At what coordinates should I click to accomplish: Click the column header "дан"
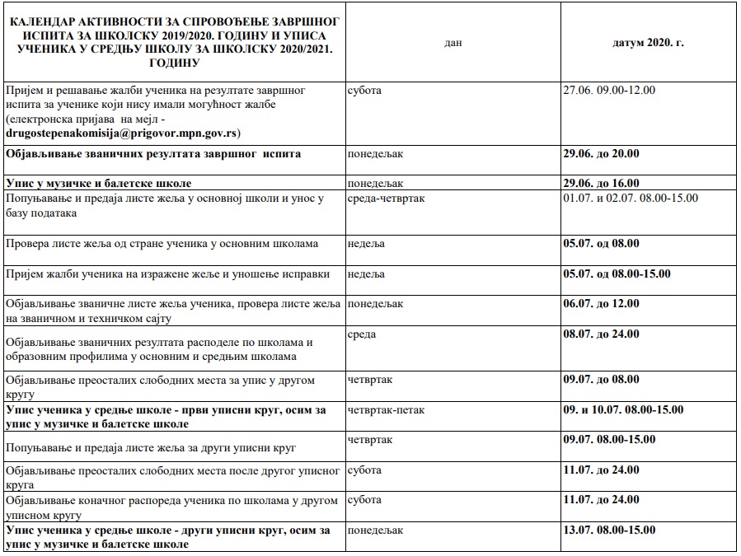(453, 43)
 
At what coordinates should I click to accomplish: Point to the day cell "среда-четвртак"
(387, 198)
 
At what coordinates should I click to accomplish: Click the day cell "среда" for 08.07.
(363, 334)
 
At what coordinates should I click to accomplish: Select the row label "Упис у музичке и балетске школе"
(98, 183)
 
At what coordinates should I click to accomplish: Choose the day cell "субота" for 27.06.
(365, 90)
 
